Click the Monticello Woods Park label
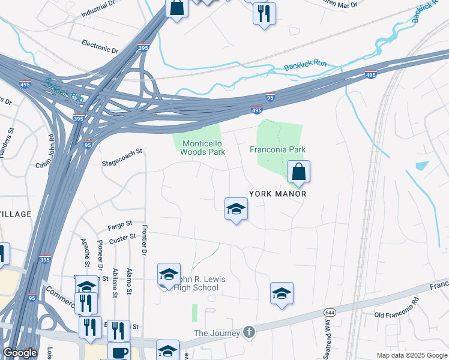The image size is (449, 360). (203, 148)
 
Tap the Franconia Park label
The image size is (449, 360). (278, 149)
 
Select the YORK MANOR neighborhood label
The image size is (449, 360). (277, 194)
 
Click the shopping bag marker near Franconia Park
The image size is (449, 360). (298, 173)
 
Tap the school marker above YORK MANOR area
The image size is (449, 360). (236, 209)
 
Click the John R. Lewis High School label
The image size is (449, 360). (195, 284)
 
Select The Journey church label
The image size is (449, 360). (216, 333)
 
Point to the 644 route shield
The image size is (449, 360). (330, 313)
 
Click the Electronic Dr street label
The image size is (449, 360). (100, 45)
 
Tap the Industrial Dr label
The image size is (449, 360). (97, 8)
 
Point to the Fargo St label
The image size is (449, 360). (119, 225)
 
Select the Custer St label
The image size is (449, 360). (122, 238)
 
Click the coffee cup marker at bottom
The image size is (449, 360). (118, 352)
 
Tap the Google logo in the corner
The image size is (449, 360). (20, 353)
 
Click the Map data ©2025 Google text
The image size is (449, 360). (411, 355)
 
